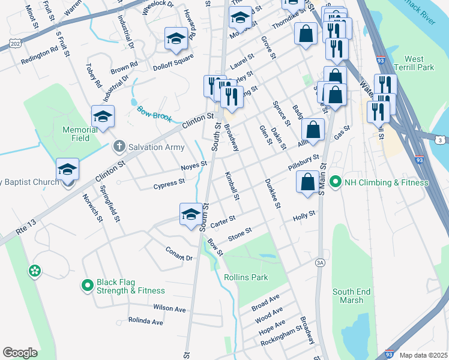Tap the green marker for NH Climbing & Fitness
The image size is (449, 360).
pyautogui.click(x=335, y=182)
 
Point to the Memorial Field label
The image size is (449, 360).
pyautogui.click(x=80, y=134)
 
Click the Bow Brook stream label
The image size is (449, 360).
pyautogui.click(x=155, y=111)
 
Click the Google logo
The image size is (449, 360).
pyautogui.click(x=20, y=353)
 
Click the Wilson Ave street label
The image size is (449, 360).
pyautogui.click(x=169, y=308)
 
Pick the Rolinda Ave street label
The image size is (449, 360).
pyautogui.click(x=145, y=322)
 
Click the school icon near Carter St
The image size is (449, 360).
pyautogui.click(x=191, y=214)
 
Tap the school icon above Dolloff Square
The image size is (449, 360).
pyautogui.click(x=176, y=39)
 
